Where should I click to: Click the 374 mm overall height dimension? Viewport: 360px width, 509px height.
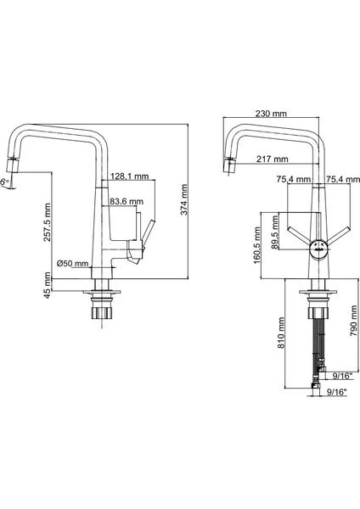pyautogui.click(x=184, y=199)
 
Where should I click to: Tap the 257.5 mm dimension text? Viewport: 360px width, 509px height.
pyautogui.click(x=48, y=222)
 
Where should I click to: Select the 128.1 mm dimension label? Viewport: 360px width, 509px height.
pyautogui.click(x=130, y=176)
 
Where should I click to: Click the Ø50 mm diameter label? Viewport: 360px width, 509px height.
pyautogui.click(x=72, y=263)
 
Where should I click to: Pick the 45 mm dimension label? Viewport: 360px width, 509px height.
pyautogui.click(x=48, y=285)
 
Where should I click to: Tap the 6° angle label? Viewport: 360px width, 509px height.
pyautogui.click(x=4, y=182)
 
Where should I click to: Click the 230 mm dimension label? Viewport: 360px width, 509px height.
pyautogui.click(x=271, y=114)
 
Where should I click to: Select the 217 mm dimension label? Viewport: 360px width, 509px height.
pyautogui.click(x=273, y=159)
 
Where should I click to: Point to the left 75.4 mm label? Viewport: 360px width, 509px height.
pyautogui.click(x=294, y=179)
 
